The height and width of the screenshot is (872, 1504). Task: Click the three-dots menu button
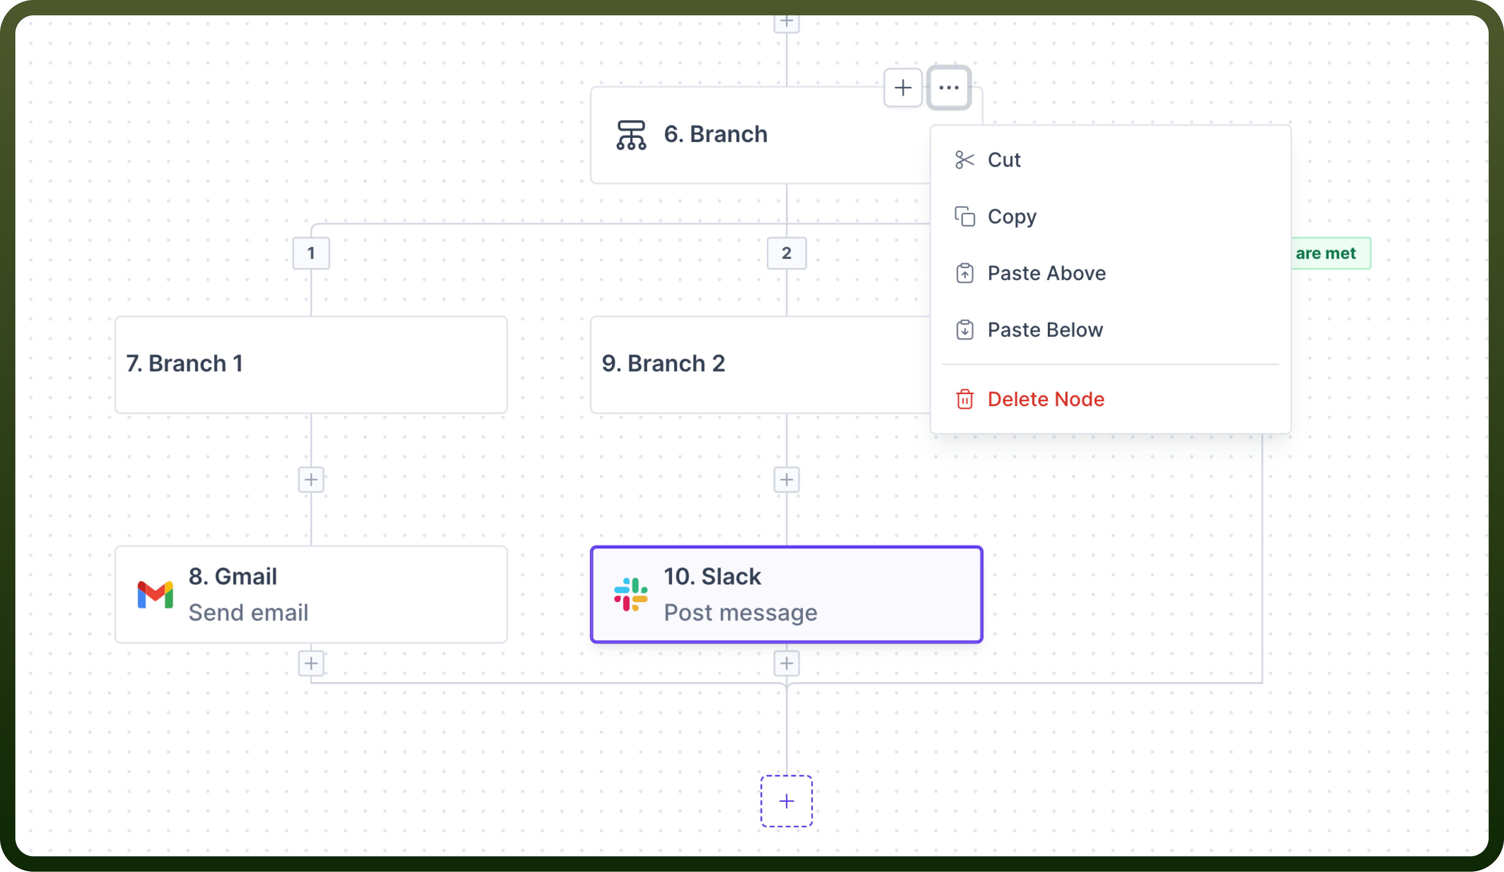[948, 88]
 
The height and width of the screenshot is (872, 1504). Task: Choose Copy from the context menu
[1012, 217]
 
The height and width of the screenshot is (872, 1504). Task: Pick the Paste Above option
[1046, 273]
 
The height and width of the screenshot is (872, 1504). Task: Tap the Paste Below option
[1045, 330]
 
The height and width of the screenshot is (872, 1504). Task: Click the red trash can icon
[965, 399]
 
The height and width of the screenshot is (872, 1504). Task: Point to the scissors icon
[965, 160]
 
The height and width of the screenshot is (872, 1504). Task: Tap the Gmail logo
[155, 595]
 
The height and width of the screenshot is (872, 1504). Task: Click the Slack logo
[631, 595]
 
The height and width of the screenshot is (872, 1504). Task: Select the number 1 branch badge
[311, 253]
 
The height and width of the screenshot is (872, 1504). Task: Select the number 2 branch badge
[787, 253]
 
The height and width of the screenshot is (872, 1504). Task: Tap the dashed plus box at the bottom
[787, 801]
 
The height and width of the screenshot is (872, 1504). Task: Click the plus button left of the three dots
[903, 88]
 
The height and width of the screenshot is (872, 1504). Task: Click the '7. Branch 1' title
[185, 363]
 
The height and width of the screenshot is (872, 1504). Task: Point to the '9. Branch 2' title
[663, 363]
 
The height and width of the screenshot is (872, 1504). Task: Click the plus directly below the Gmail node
[311, 663]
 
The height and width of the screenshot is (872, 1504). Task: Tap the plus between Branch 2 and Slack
[787, 480]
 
